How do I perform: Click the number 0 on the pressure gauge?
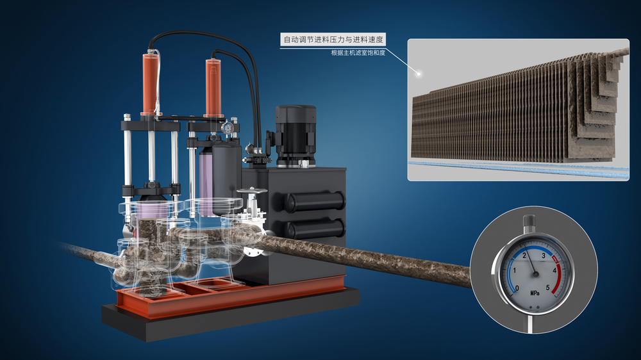pyautogui.click(x=517, y=288)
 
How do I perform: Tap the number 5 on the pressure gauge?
pyautogui.click(x=548, y=288)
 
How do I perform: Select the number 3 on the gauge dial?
pyautogui.click(x=544, y=256)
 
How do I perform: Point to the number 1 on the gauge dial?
pyautogui.click(x=514, y=270)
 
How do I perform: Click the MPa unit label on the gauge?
pyautogui.click(x=535, y=293)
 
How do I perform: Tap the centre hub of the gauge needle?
pyautogui.click(x=535, y=274)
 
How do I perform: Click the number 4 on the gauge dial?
pyautogui.click(x=554, y=270)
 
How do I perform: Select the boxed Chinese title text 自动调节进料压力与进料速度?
pyautogui.click(x=333, y=40)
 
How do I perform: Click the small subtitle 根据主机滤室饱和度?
pyautogui.click(x=358, y=53)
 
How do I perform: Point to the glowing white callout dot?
pyautogui.click(x=418, y=74)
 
